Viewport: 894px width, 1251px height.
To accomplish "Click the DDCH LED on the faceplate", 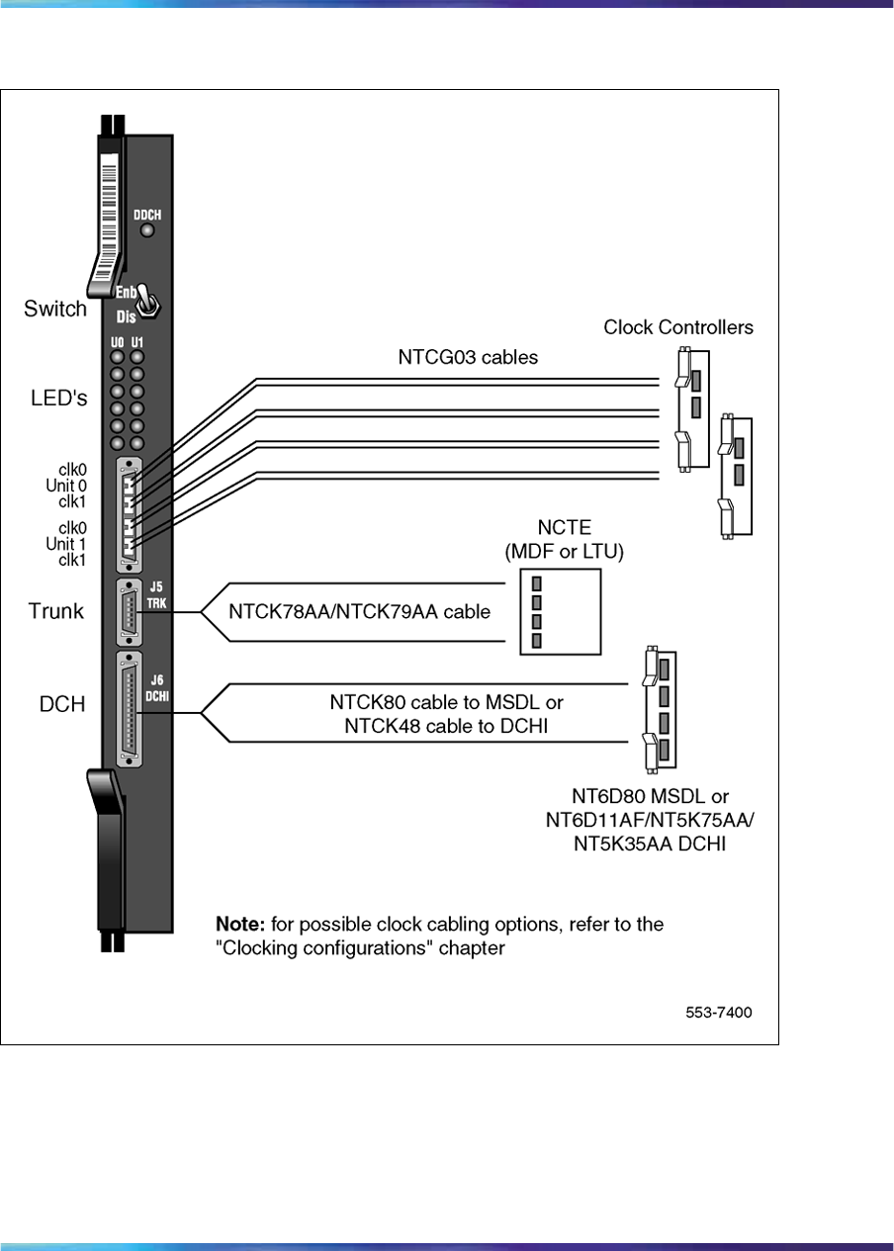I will pyautogui.click(x=147, y=231).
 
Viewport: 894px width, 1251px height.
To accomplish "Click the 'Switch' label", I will pyautogui.click(x=55, y=309).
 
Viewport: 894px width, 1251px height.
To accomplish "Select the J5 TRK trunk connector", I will pyautogui.click(x=129, y=613).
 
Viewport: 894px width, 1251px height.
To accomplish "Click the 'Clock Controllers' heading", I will pyautogui.click(x=678, y=327).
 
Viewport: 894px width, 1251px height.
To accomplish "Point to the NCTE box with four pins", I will pyautogui.click(x=560, y=611).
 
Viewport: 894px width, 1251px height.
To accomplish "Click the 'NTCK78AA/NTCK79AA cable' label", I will pyautogui.click(x=360, y=612).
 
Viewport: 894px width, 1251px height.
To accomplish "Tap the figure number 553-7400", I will pyautogui.click(x=719, y=1014).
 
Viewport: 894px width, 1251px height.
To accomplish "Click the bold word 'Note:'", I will pyautogui.click(x=239, y=925).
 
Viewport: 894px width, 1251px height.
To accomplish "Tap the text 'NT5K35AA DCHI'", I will pyautogui.click(x=651, y=844).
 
